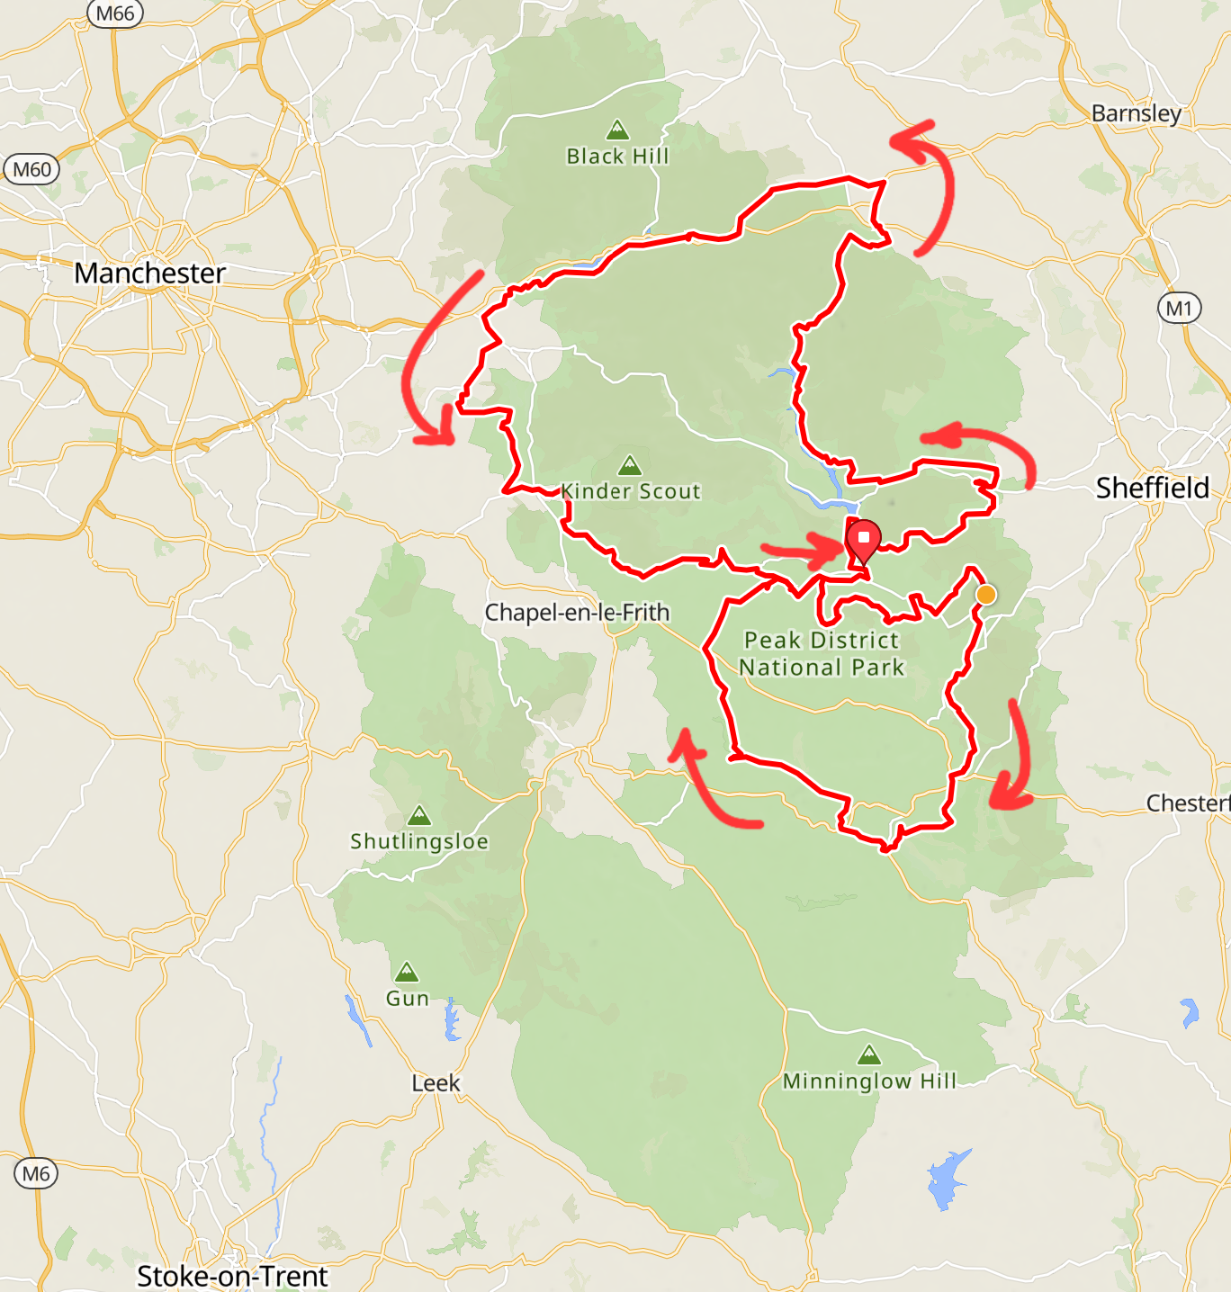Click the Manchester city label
coord(149,273)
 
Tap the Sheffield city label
coord(1152,488)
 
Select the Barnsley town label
coord(1136,113)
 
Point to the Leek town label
coord(436,1083)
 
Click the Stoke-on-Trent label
coord(232,1276)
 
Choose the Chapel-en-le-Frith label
coord(577,613)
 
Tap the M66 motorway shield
coord(115,13)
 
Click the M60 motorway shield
coord(32,169)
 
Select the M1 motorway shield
coord(1179,309)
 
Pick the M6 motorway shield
coord(36,1173)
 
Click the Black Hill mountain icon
coord(617,130)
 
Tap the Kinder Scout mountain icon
coord(630,465)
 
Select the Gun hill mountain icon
coord(407,972)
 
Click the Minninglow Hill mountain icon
coord(868,1054)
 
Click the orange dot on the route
coord(986,595)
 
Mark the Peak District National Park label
coord(821,654)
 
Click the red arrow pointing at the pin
coord(801,549)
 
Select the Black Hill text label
coord(617,157)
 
